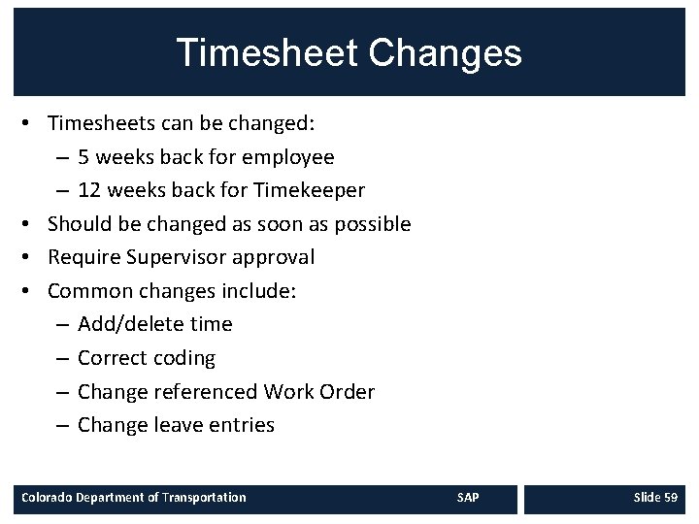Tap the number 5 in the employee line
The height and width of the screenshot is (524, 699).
[84, 157]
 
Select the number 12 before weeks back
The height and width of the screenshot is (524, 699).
[89, 190]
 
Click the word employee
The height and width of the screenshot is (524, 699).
[291, 157]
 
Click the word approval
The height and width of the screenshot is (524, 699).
[279, 257]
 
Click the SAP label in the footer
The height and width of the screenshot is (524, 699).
[468, 498]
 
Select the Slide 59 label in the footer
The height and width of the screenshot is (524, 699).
[655, 498]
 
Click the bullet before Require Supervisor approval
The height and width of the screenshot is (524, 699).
[33, 258]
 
